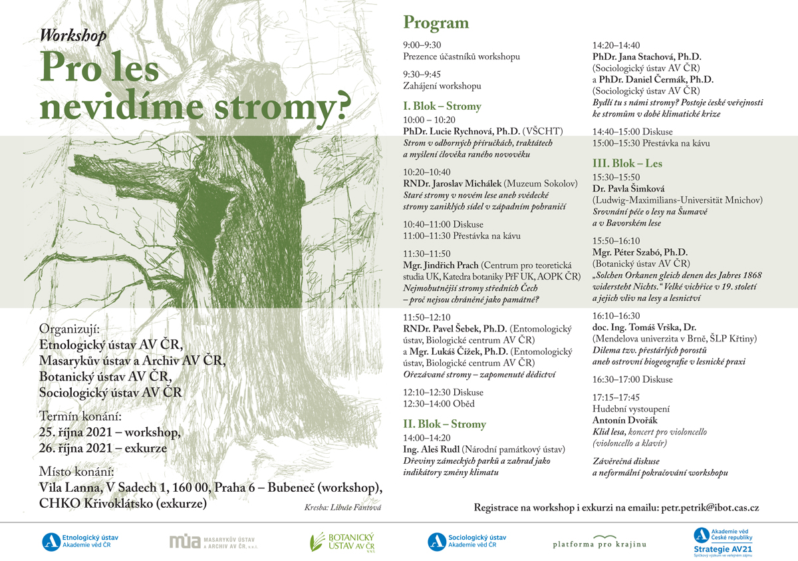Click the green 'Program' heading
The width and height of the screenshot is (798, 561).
pos(436,23)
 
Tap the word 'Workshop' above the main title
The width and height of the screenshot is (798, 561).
pos(73,36)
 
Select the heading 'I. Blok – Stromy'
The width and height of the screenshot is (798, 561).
pos(442,106)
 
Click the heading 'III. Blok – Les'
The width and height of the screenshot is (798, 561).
pos(627,164)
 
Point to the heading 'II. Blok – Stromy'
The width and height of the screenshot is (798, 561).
pos(444,425)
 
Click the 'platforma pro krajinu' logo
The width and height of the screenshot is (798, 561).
pos(599,541)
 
